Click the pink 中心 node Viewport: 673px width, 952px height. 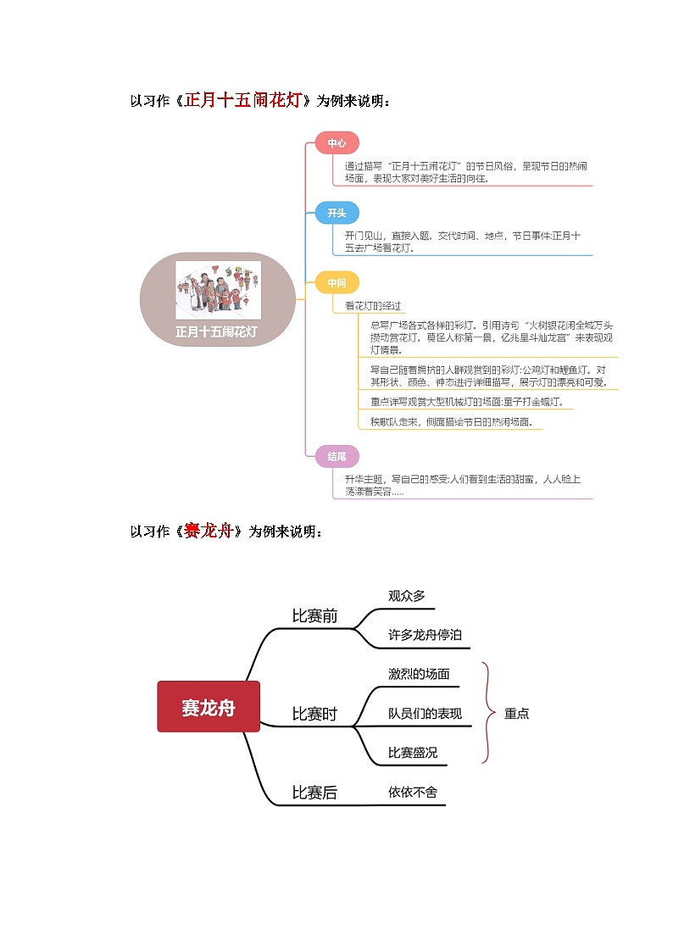point(336,143)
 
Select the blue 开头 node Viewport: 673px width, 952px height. point(336,213)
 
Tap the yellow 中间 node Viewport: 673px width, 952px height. point(336,282)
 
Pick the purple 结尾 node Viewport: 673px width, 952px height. point(336,456)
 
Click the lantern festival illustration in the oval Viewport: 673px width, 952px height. point(218,290)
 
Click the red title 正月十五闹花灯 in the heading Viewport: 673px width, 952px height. point(243,102)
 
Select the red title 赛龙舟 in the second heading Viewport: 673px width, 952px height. point(208,532)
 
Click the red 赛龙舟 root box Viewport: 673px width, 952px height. point(209,706)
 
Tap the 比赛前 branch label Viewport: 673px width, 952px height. point(314,616)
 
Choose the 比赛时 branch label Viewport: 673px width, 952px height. point(314,715)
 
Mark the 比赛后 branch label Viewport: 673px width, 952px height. point(314,793)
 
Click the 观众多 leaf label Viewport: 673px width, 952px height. point(407,596)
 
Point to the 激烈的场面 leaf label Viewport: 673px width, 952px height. point(419,674)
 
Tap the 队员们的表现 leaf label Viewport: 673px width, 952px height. point(425,713)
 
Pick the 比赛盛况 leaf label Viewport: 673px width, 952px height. point(413,753)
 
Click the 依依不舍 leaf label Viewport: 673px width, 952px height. point(413,792)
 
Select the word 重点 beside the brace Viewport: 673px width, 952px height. point(516,714)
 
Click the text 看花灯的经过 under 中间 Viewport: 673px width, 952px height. point(373,305)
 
